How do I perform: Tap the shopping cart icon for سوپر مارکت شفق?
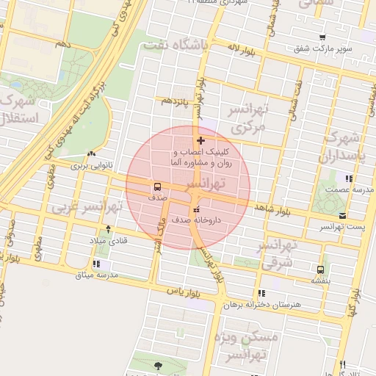point(322,37)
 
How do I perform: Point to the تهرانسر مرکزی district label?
point(247,118)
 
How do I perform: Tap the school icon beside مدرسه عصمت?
point(349,178)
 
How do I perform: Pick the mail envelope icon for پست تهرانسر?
point(343,215)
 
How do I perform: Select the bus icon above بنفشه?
point(319,269)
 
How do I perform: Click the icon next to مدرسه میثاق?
point(96,264)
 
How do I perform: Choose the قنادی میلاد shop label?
point(109,240)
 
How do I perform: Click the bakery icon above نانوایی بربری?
point(90,154)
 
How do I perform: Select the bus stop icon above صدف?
point(157,187)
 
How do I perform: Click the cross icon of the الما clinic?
point(200,140)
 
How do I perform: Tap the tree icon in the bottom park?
point(159,365)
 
